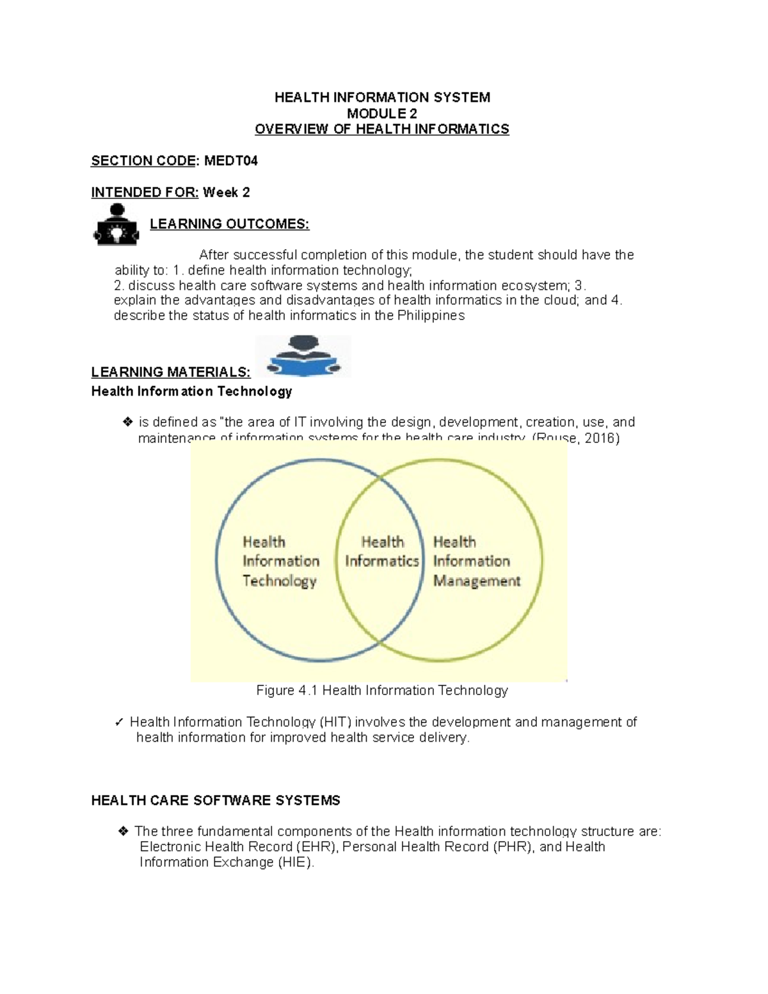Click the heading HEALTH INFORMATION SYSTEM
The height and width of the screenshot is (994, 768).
(x=382, y=97)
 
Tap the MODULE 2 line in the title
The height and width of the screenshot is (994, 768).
(x=382, y=113)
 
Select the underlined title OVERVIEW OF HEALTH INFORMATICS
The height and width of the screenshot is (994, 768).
(x=382, y=129)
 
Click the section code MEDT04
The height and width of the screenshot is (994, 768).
(x=230, y=161)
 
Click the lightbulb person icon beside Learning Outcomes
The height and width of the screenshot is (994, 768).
(x=116, y=225)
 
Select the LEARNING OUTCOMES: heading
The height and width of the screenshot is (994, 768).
(x=229, y=224)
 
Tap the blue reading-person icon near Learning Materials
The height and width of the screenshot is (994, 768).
(x=303, y=357)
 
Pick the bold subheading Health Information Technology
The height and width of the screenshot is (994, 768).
(x=191, y=391)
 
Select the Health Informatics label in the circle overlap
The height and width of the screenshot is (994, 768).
(x=381, y=552)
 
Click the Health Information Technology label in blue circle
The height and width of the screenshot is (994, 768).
(x=280, y=561)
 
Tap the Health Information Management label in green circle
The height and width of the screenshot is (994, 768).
(x=476, y=561)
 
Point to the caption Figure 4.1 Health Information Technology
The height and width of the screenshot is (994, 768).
(x=382, y=690)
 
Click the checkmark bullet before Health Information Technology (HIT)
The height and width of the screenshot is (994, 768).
(x=119, y=723)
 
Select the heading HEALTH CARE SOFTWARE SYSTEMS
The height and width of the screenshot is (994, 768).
(x=216, y=801)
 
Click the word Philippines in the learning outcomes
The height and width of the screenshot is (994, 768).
(x=431, y=316)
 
